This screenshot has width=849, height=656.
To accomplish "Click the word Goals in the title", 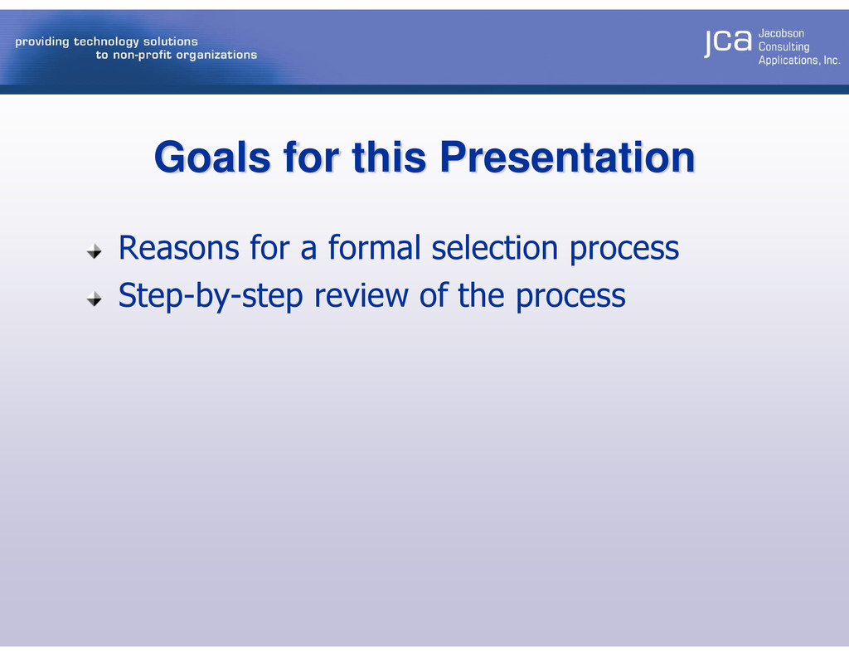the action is pyautogui.click(x=212, y=158).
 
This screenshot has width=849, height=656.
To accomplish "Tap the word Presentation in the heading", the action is pyautogui.click(x=567, y=158).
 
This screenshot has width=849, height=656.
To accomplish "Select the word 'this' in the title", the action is pyautogui.click(x=389, y=158).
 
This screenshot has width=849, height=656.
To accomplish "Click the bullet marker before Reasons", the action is pyautogui.click(x=95, y=251).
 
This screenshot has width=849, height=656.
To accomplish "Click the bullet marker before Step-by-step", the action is pyautogui.click(x=95, y=299).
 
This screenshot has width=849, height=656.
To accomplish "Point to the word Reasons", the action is pyautogui.click(x=179, y=248).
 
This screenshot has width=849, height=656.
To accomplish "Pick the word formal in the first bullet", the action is pyautogui.click(x=374, y=248).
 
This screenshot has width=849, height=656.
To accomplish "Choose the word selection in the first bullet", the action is pyautogui.click(x=494, y=248).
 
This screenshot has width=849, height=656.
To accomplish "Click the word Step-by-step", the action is pyautogui.click(x=211, y=297).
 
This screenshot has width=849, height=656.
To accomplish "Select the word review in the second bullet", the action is pyautogui.click(x=361, y=296).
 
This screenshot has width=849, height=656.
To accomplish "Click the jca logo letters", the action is pyautogui.click(x=728, y=42).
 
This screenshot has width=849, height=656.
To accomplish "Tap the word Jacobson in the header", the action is pyautogui.click(x=781, y=33).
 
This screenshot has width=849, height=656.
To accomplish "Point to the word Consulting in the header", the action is pyautogui.click(x=784, y=47).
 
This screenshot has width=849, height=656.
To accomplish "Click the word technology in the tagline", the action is pyautogui.click(x=106, y=41).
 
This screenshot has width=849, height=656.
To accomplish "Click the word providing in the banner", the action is pyautogui.click(x=42, y=41).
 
